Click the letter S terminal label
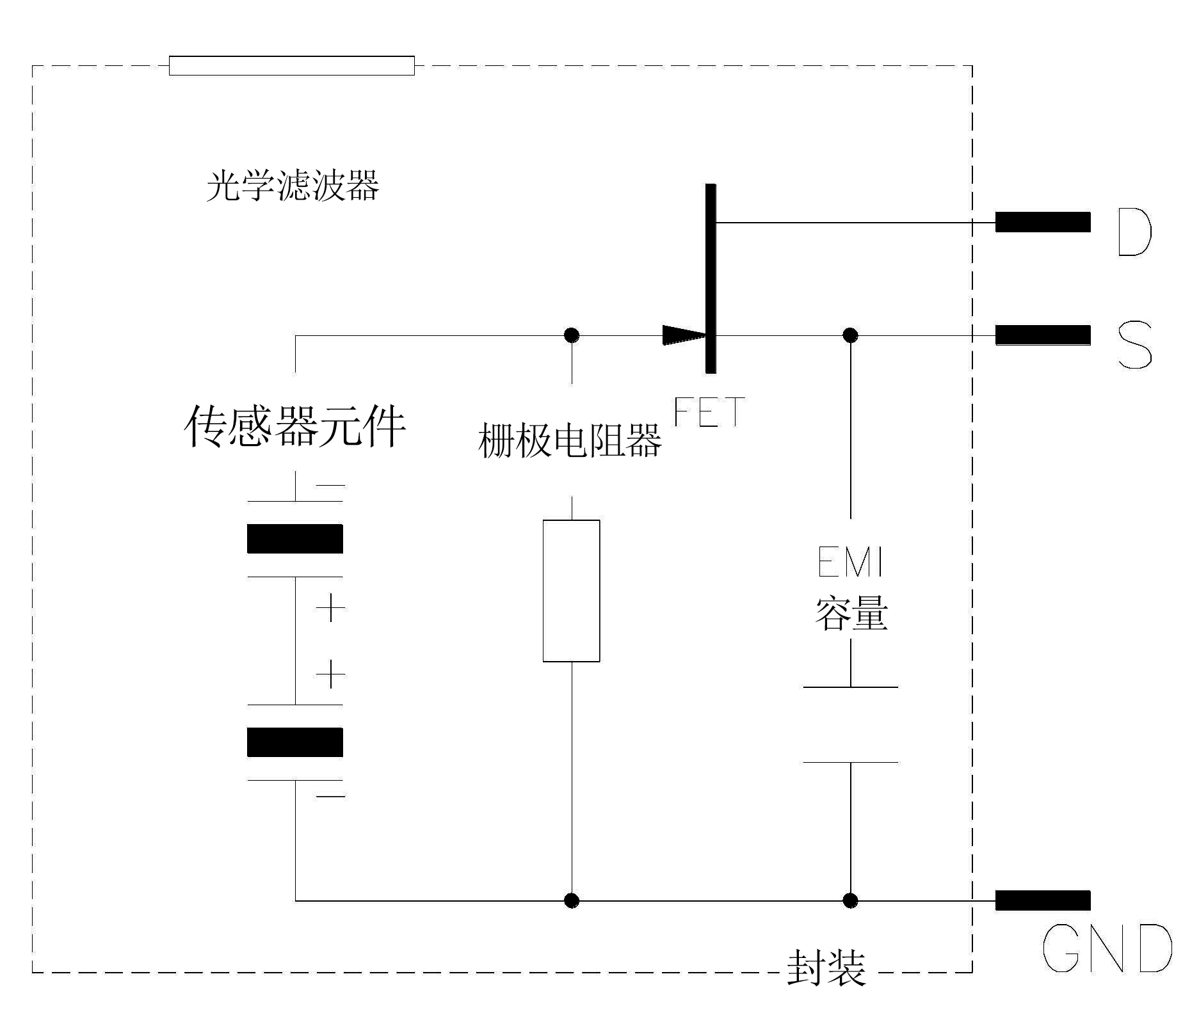coord(1134,346)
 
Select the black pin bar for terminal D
coord(1042,222)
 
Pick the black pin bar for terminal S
coord(1042,335)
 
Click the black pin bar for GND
coord(1042,900)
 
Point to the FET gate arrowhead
coord(684,335)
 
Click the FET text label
coord(709,412)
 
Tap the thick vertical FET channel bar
coord(711,278)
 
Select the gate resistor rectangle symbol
coord(571,591)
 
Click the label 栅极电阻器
coord(570,441)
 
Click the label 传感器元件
coord(295,427)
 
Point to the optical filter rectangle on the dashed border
coord(291,66)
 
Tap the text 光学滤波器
coord(293,187)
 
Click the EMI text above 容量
coord(850,562)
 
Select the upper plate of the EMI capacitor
coord(850,687)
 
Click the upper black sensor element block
coord(295,538)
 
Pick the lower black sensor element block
coord(295,742)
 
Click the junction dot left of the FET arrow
coord(571,335)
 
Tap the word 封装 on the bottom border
coord(826,967)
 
